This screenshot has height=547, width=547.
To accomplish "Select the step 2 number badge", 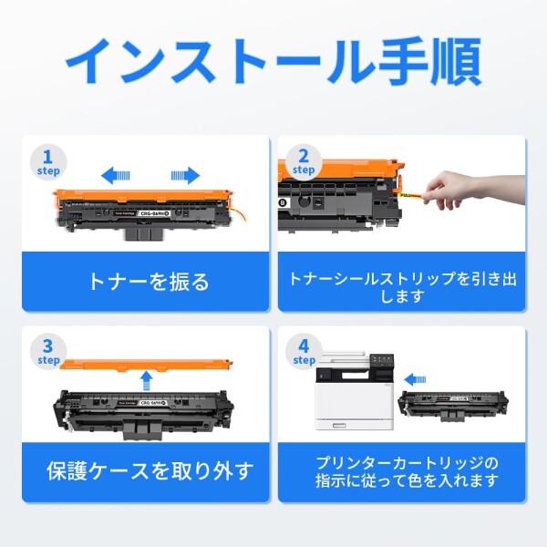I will pyautogui.click(x=303, y=160).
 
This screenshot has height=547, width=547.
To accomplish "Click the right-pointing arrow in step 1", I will pyautogui.click(x=185, y=175).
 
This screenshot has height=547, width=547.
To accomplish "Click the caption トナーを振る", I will pyautogui.click(x=148, y=281).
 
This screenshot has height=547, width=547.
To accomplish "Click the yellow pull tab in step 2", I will pyautogui.click(x=405, y=193).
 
